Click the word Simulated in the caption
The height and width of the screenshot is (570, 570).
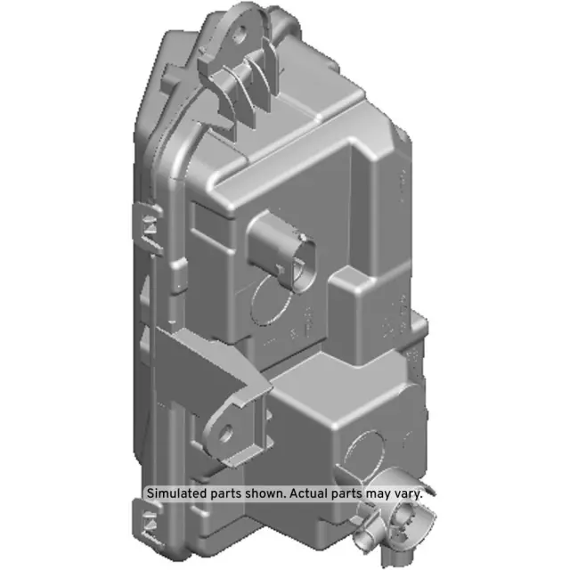click(x=175, y=492)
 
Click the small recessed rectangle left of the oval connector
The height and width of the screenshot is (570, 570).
click(x=214, y=223)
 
